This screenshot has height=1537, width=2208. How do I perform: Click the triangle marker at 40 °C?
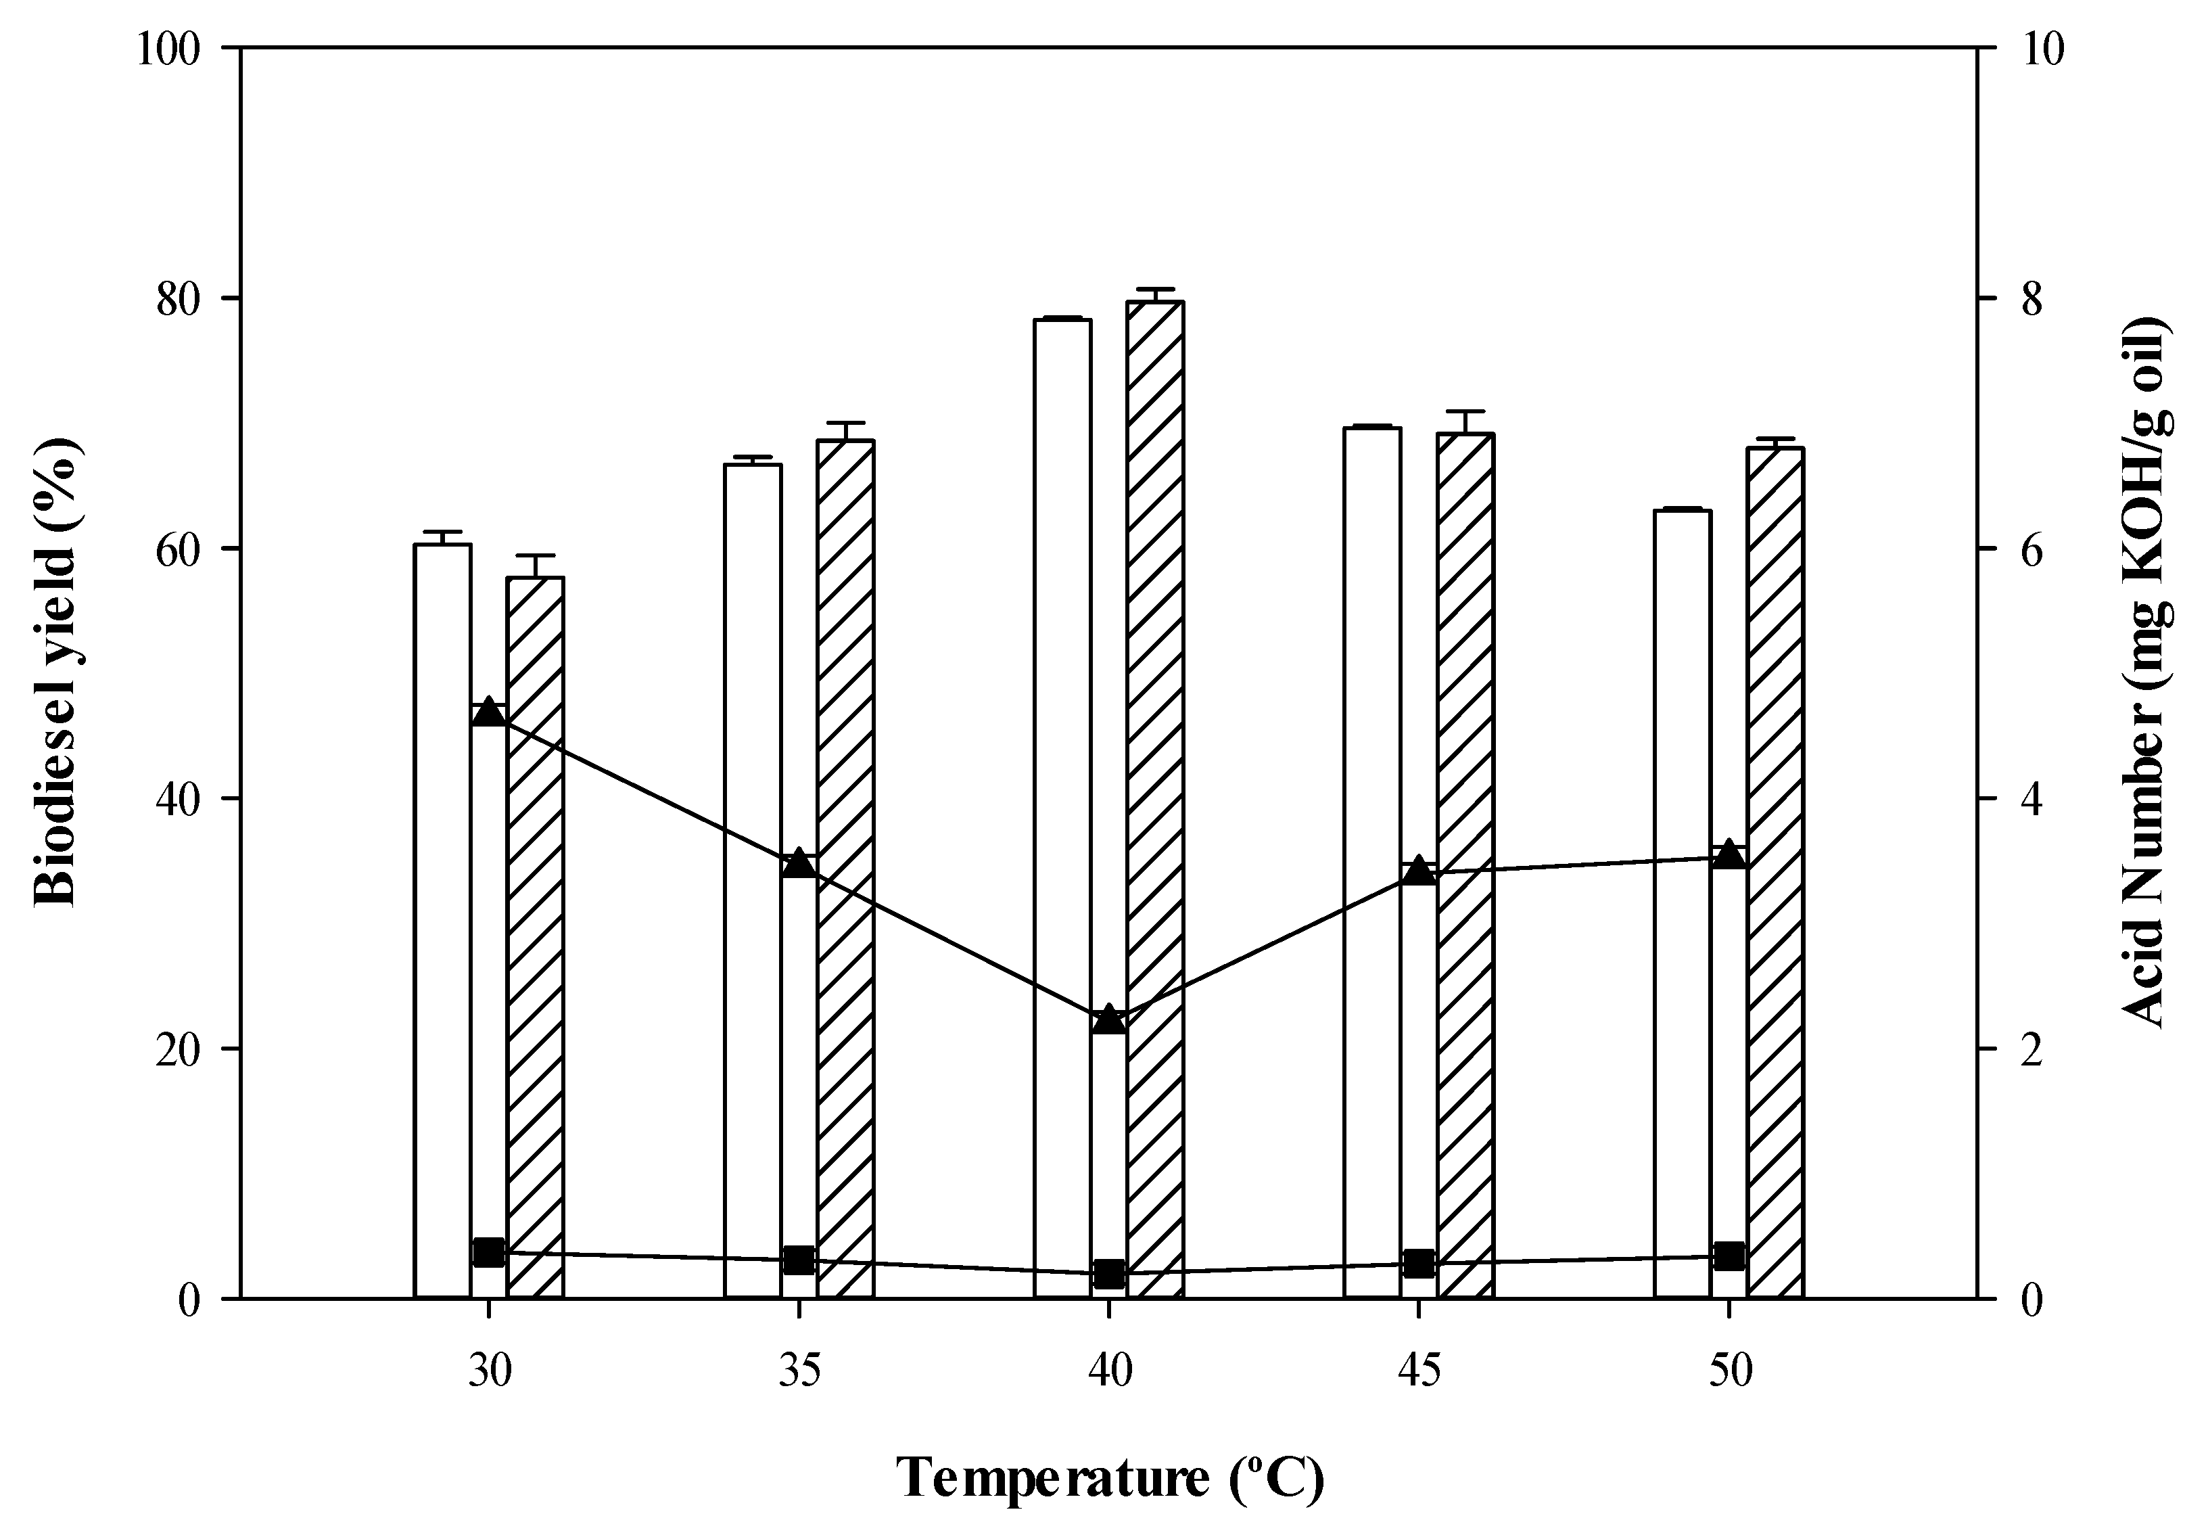point(1109,1019)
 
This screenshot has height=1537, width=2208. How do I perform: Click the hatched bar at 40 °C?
point(1155,798)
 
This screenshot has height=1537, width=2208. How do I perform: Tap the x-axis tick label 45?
point(1419,1373)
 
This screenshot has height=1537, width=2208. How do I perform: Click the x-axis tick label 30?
point(490,1373)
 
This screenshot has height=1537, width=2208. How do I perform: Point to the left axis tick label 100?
point(168,48)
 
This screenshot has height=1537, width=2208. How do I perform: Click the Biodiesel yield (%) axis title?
point(57,673)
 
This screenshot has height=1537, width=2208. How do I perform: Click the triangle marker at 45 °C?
point(1419,871)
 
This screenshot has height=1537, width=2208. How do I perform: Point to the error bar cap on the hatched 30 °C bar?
point(535,556)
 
